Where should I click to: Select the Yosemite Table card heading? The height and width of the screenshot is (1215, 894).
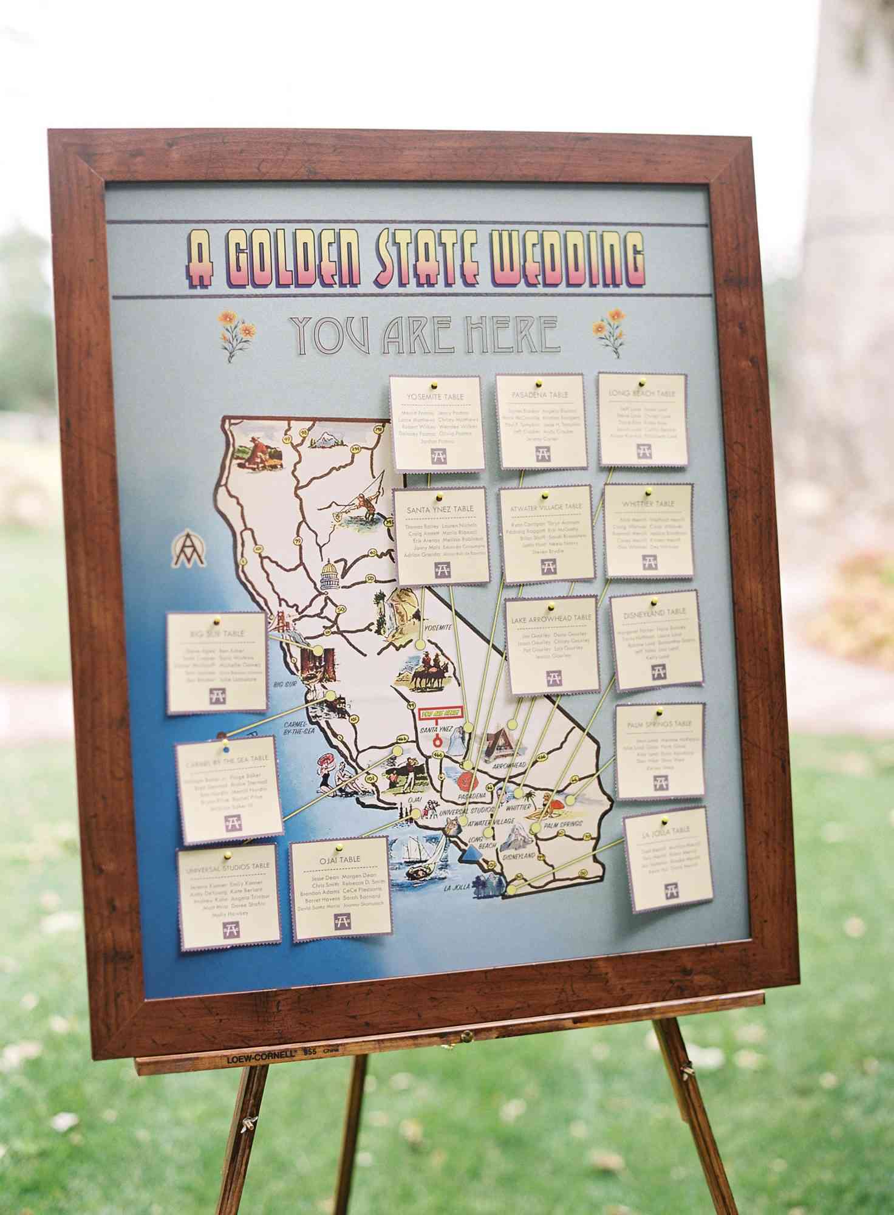(x=435, y=397)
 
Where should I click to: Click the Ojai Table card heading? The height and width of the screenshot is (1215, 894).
(x=340, y=859)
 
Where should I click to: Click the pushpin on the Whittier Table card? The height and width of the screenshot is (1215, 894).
(x=648, y=490)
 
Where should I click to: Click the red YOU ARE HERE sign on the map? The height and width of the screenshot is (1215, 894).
(x=440, y=712)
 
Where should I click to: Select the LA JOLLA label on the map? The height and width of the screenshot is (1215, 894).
(x=457, y=888)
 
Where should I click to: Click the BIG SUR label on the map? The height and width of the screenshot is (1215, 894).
(x=284, y=685)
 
